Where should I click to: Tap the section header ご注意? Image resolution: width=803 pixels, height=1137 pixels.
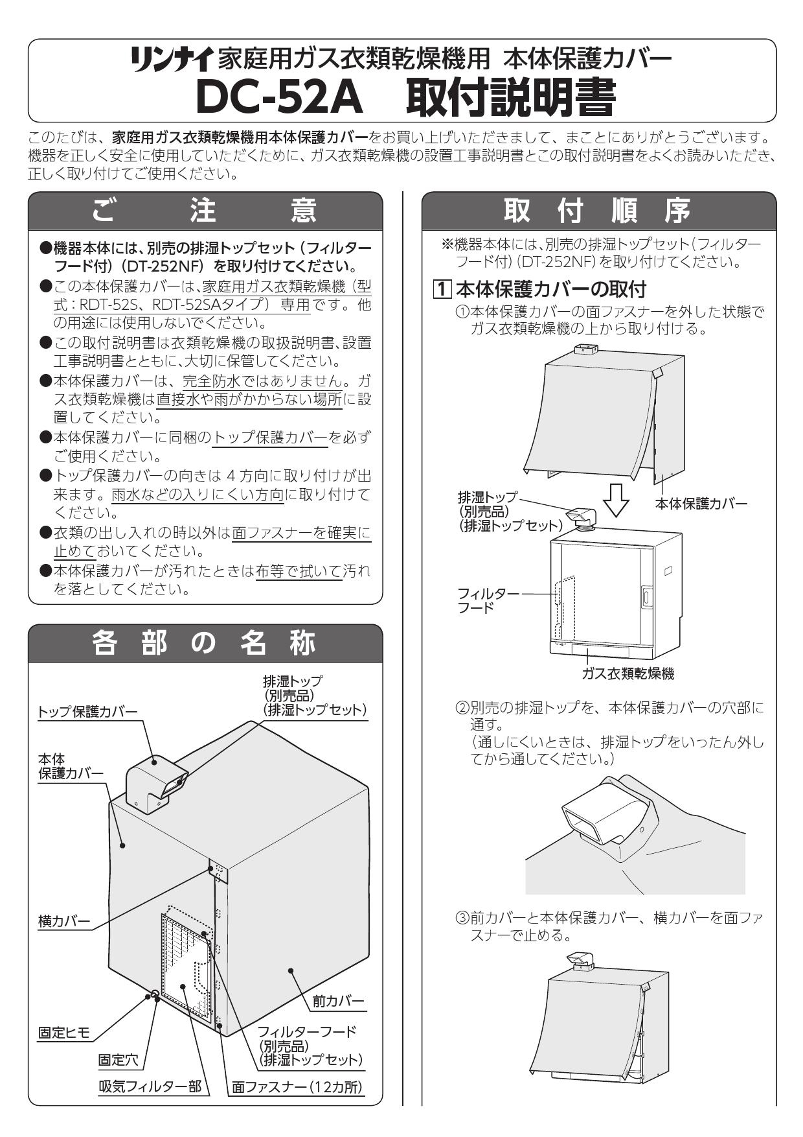(x=206, y=210)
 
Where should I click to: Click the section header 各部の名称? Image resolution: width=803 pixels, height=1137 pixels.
(x=206, y=643)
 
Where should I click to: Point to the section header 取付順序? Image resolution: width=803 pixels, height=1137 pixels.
(x=598, y=210)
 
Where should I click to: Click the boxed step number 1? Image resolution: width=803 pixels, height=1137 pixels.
(x=443, y=289)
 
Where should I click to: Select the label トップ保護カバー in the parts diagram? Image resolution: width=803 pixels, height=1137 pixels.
(x=87, y=712)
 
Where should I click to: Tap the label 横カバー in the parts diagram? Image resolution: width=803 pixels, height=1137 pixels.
(x=64, y=921)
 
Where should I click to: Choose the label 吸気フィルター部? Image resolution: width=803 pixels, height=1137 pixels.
(x=150, y=1087)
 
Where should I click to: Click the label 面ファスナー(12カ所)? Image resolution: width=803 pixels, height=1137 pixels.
(x=298, y=1087)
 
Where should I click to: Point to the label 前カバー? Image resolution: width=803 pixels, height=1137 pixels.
(x=338, y=1001)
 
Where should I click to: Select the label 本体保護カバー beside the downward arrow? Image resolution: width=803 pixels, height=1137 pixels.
(x=701, y=504)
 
